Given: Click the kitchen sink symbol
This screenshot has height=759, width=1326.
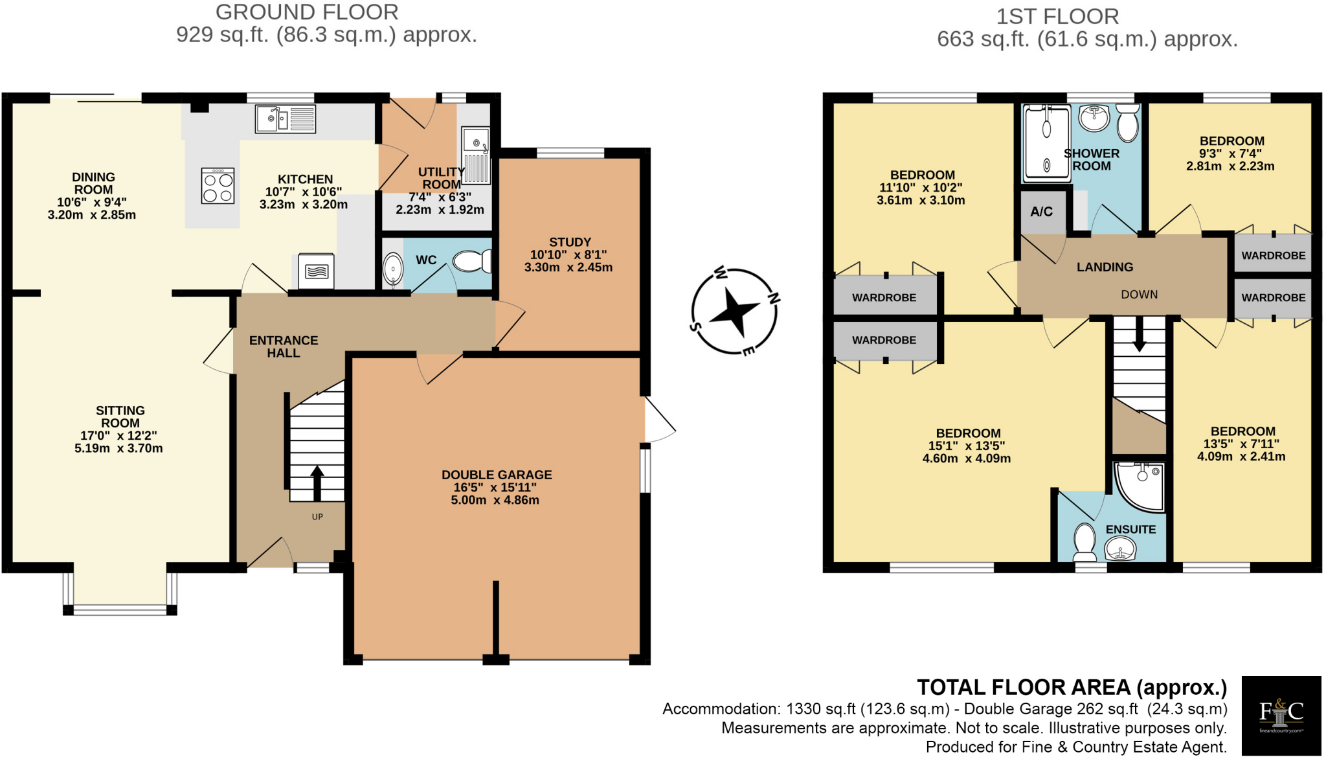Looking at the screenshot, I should click(285, 119).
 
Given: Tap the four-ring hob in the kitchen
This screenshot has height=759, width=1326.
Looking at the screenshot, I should click(218, 187).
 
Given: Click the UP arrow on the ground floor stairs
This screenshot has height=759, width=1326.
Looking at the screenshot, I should click(317, 482).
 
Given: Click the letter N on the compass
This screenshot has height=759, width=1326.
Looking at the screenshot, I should click(773, 298).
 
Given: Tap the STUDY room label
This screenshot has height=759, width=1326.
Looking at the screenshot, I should click(570, 242).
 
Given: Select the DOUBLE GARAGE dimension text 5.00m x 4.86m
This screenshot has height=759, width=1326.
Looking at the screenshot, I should click(495, 500).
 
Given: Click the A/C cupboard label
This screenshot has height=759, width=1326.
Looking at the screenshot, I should click(1042, 212).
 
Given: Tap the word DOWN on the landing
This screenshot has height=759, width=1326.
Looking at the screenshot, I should click(1140, 295).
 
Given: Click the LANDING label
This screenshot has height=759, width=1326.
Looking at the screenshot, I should click(1105, 267).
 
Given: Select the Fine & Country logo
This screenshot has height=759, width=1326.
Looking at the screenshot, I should click(1281, 715).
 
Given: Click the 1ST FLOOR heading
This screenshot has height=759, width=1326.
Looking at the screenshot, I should click(1057, 16).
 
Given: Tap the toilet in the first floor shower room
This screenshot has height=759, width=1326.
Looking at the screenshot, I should click(1129, 122).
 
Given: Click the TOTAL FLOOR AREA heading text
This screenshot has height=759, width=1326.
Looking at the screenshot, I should click(1072, 687).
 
